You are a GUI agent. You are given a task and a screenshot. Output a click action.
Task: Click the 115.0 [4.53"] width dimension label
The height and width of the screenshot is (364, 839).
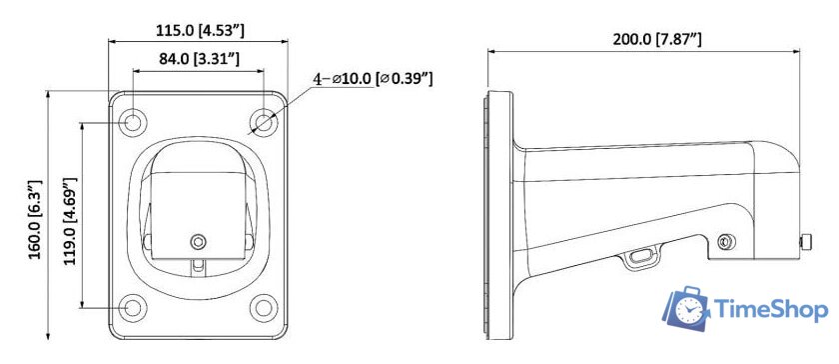[200, 31]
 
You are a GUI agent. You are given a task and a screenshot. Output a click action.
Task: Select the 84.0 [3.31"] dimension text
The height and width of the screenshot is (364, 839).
[199, 58]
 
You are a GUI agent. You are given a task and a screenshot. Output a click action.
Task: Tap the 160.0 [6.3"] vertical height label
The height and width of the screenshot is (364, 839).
[35, 220]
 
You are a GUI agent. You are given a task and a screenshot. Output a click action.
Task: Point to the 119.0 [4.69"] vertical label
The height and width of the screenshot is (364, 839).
[71, 220]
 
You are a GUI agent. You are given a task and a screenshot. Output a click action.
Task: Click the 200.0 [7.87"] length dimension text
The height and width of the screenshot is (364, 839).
[657, 39]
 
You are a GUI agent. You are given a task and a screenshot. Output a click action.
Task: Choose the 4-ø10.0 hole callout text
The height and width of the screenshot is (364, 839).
[373, 79]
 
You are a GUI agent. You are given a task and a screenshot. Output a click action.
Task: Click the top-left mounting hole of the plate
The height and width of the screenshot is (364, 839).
[132, 123]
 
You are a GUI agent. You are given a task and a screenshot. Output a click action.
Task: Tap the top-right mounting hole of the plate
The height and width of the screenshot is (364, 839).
[264, 123]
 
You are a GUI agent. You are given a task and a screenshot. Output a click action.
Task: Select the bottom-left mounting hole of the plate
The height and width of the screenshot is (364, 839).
[132, 308]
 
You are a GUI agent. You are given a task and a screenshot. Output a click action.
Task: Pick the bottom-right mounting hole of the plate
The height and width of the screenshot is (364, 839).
[264, 308]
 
